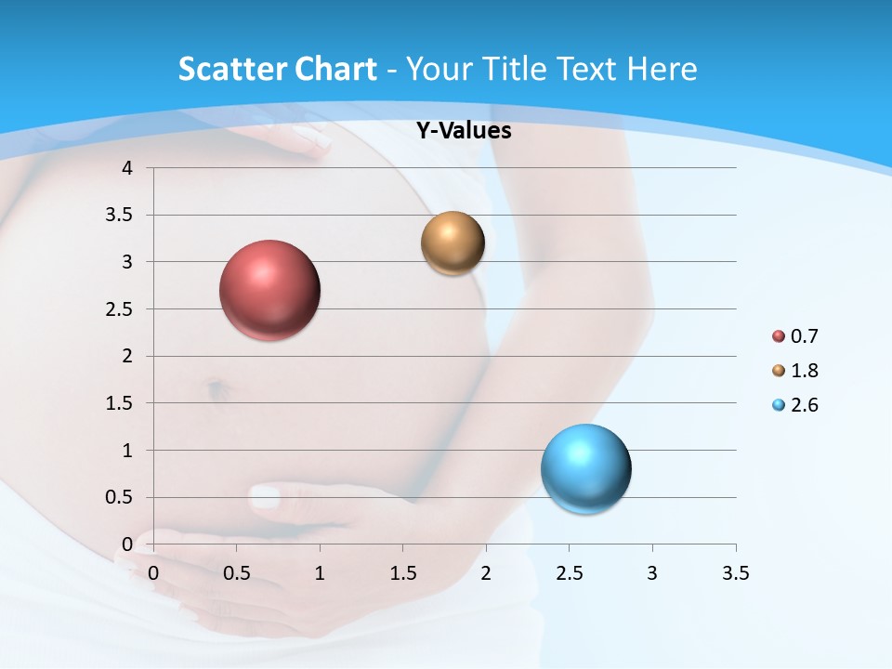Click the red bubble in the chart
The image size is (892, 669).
[270, 290]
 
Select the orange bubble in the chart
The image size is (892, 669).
[453, 243]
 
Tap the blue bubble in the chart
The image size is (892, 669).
[585, 468]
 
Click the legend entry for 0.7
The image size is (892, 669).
[795, 336]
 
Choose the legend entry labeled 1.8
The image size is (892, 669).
[795, 371]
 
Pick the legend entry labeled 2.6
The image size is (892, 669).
[795, 405]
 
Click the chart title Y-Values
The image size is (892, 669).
[463, 131]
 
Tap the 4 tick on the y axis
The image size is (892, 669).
[127, 168]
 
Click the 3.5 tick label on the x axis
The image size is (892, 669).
[735, 573]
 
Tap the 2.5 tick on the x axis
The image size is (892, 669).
[569, 573]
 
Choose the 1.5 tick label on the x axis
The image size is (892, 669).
[402, 573]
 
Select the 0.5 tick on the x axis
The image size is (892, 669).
[236, 573]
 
